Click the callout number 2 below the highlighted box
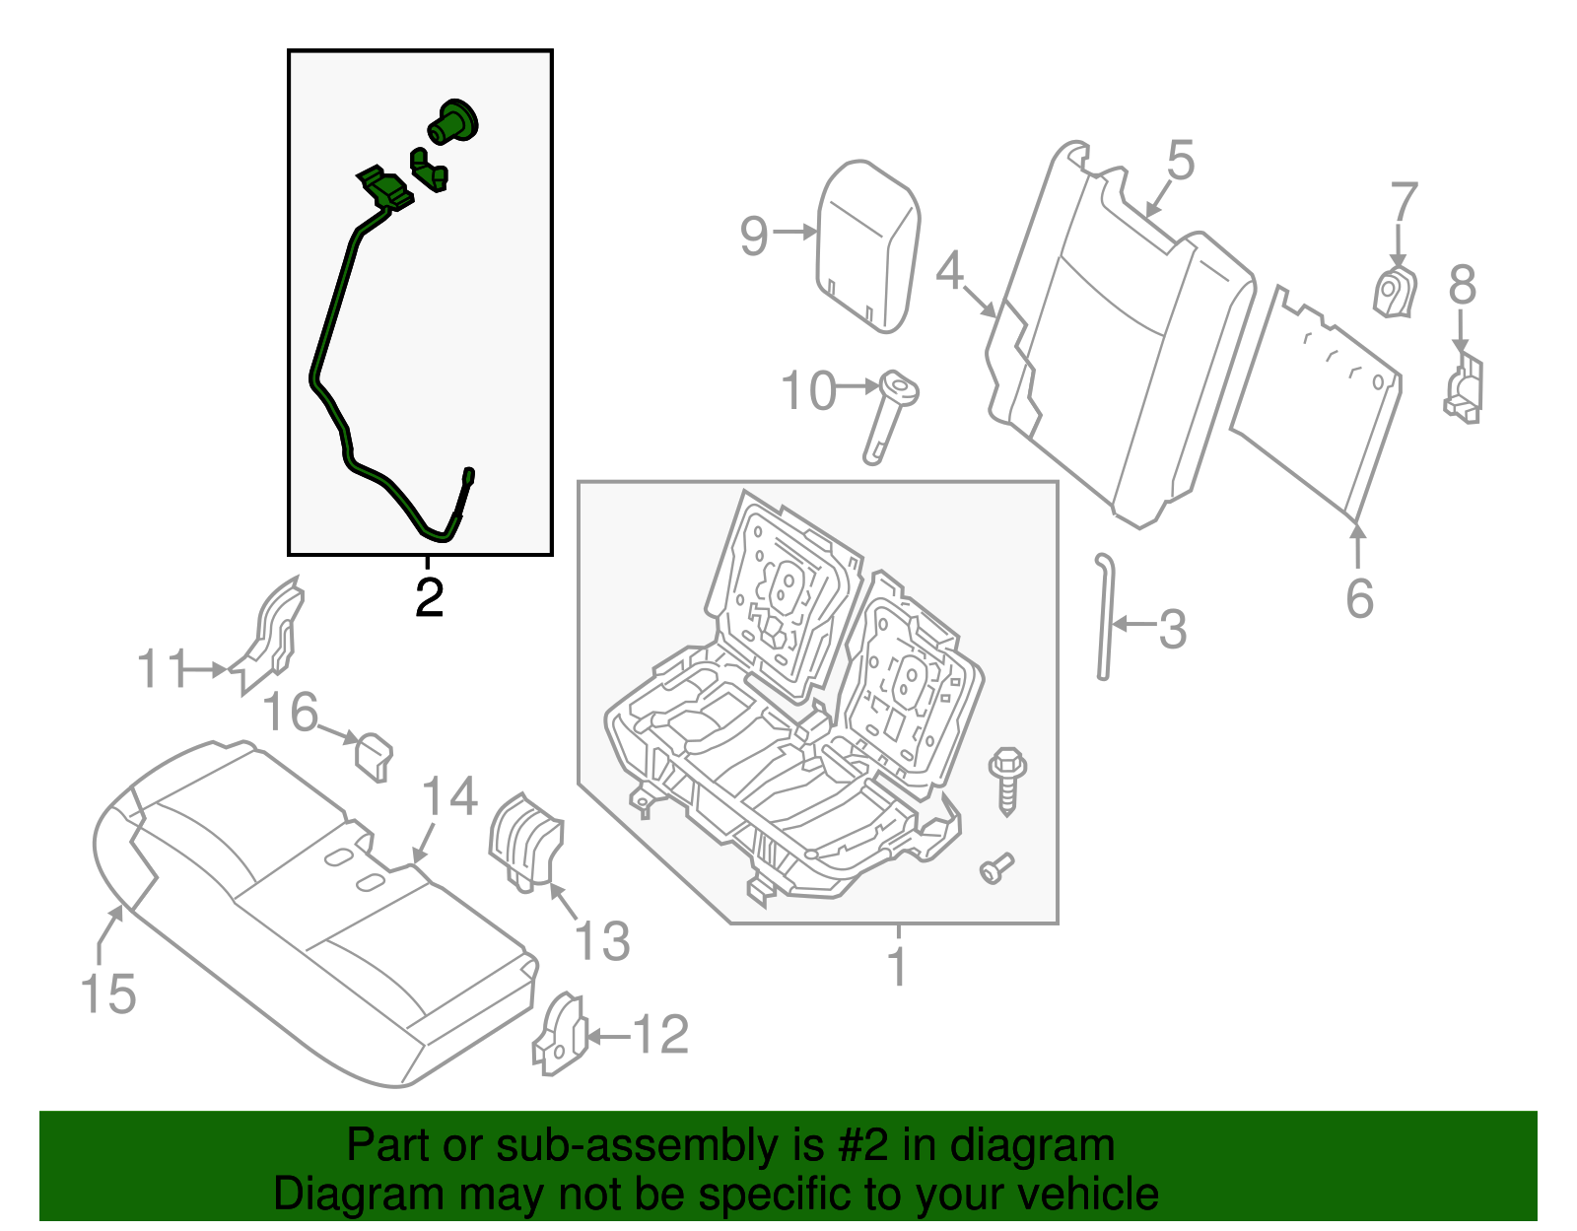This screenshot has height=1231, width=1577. click(x=429, y=598)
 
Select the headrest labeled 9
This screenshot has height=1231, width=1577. click(x=868, y=244)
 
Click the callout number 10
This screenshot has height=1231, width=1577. click(x=808, y=391)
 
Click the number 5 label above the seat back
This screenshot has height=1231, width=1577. click(x=1180, y=161)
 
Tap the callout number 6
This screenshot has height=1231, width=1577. click(x=1359, y=598)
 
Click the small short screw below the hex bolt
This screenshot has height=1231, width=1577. click(x=996, y=868)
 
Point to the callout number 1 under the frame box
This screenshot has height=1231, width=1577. click(x=897, y=967)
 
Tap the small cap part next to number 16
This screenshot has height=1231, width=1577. click(x=374, y=755)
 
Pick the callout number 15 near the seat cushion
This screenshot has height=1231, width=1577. click(x=108, y=992)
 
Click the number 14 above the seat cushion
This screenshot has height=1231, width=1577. click(x=449, y=796)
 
